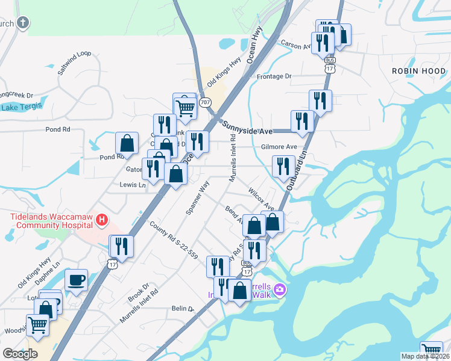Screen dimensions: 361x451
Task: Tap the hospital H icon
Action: tap(102, 221)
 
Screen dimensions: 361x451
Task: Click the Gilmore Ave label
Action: tap(279, 147)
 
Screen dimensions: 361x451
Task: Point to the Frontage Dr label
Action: tap(274, 77)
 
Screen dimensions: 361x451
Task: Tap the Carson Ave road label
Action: tap(295, 44)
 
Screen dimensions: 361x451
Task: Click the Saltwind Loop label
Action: tap(74, 63)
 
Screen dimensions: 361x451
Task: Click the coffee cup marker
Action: tap(77, 280)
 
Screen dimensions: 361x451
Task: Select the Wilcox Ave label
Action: tap(261, 199)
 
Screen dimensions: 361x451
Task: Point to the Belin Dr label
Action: tap(182, 309)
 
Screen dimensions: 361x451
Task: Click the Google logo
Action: tap(20, 353)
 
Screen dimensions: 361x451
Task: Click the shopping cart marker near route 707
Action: tap(185, 108)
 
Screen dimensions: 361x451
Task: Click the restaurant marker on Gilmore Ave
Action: tap(197, 141)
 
